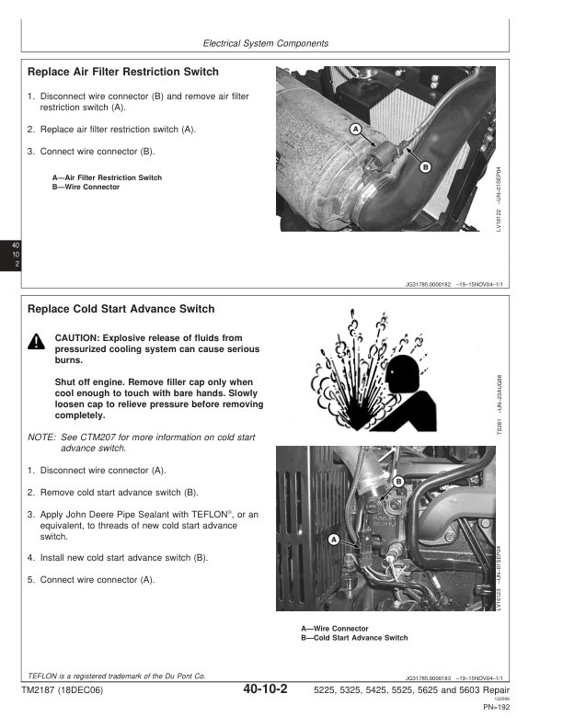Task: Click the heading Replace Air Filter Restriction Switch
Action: coord(123,72)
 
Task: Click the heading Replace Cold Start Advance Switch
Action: coord(121,309)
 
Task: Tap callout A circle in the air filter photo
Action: coord(355,131)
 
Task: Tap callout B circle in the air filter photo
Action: coord(425,166)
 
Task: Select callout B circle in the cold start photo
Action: coord(398,482)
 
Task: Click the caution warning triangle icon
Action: coord(36,343)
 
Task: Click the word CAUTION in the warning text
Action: coord(80,337)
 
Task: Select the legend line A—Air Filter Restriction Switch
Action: coord(107,177)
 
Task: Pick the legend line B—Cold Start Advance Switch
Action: coord(354,638)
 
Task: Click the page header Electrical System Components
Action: coord(265,43)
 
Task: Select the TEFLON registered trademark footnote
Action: coord(118,676)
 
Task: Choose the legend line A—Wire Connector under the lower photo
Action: coord(337,629)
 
